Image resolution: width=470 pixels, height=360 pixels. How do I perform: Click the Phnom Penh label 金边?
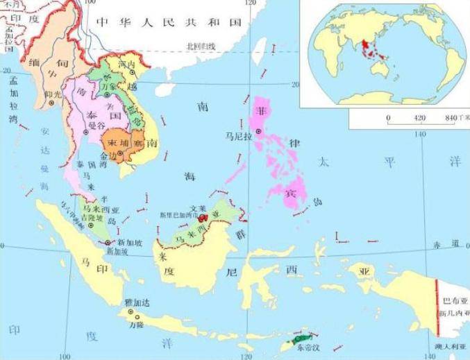coord(109,157)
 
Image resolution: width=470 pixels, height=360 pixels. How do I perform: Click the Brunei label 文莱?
coord(197,207)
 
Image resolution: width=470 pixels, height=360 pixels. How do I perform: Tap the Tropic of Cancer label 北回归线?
coord(202,47)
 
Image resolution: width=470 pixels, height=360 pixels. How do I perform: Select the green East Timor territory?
coord(302,339)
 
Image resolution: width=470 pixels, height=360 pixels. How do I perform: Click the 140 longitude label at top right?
coord(420,132)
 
